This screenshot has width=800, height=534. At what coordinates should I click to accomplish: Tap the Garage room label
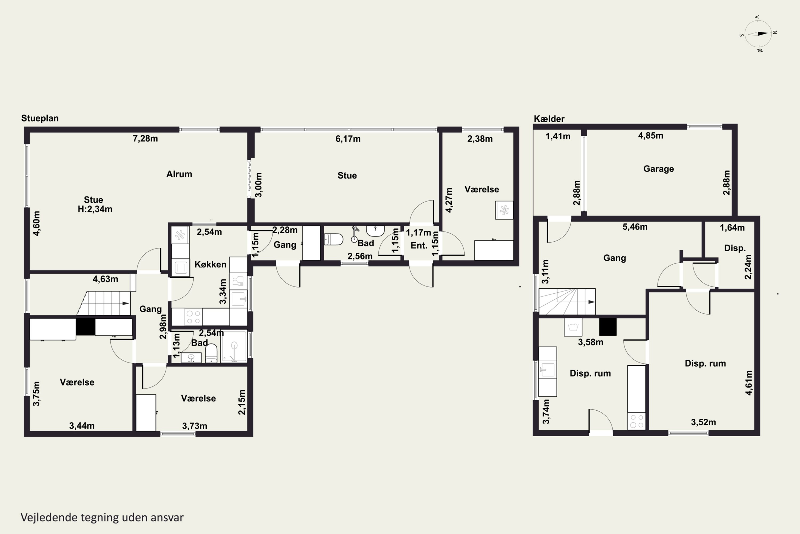click(658, 169)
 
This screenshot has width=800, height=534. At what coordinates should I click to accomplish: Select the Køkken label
click(210, 264)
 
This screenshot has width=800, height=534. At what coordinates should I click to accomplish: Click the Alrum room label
click(179, 174)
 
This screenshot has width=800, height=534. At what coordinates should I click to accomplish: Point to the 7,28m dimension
click(145, 139)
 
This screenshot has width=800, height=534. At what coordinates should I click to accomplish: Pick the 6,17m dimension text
click(348, 139)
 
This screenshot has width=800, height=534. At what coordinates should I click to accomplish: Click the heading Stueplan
click(40, 118)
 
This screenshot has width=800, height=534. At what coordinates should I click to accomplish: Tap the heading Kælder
click(549, 119)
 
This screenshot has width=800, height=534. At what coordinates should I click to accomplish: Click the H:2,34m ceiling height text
click(95, 209)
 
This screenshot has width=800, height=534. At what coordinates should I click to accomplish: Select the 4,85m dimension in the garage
click(651, 136)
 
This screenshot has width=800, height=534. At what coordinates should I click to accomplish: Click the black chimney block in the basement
click(608, 327)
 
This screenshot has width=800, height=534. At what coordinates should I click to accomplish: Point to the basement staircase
click(567, 302)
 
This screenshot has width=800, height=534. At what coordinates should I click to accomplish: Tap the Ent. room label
click(419, 246)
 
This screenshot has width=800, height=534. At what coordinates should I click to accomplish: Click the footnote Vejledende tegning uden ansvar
click(102, 517)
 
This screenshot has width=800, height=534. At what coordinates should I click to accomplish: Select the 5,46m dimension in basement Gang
click(635, 227)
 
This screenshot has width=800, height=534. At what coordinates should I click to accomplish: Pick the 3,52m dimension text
click(703, 422)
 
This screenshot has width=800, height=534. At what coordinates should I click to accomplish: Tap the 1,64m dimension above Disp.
click(732, 227)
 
